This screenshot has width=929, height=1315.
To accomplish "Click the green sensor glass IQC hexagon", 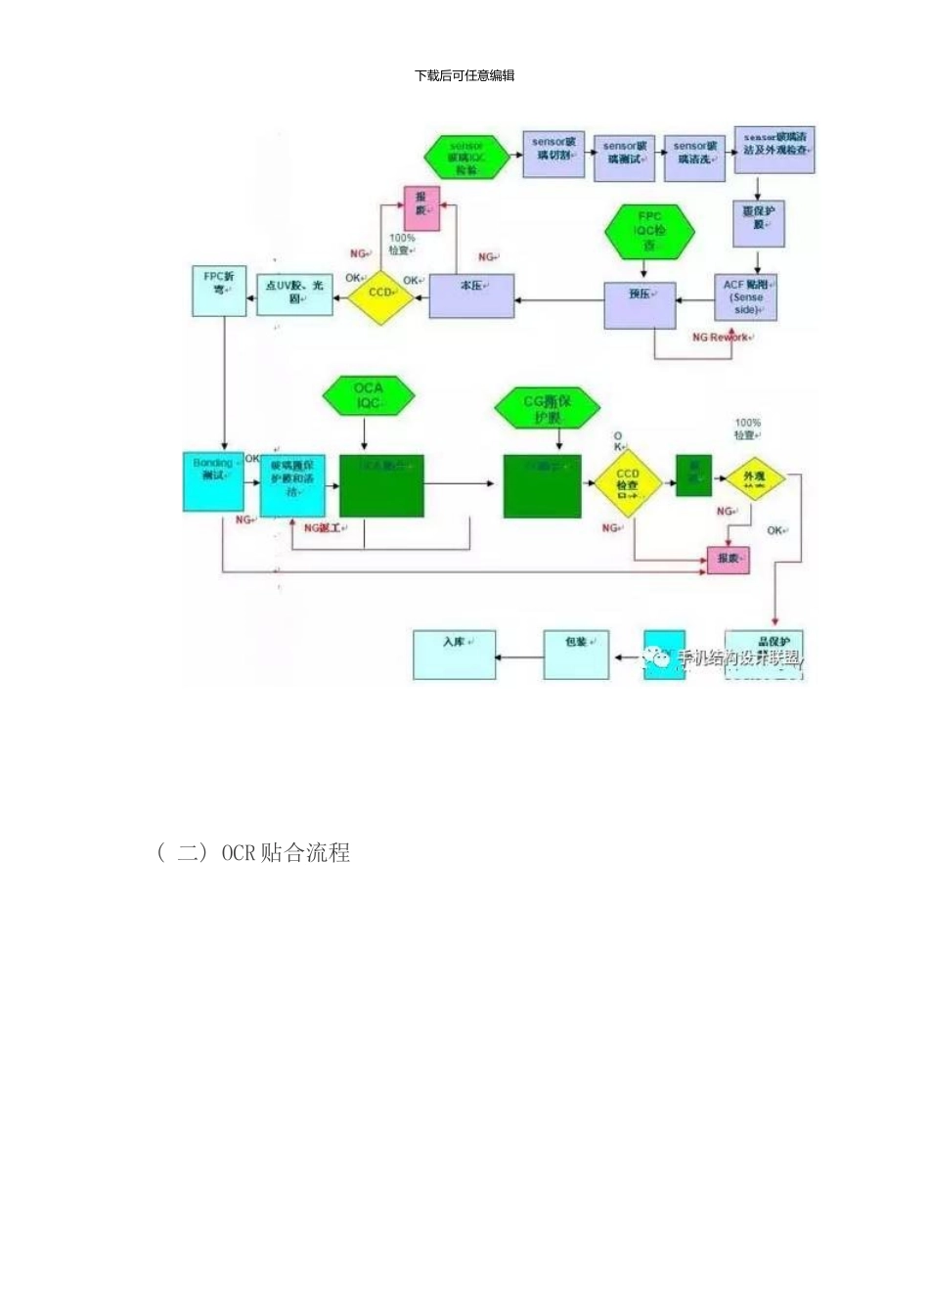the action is pos(466,157).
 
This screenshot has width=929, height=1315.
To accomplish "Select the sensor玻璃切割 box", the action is pos(553,154).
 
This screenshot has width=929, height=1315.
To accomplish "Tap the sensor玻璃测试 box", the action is pos(625,157).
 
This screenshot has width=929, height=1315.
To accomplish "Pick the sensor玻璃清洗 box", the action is pos(695,157).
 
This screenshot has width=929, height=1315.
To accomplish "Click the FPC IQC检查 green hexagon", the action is pos(649,232).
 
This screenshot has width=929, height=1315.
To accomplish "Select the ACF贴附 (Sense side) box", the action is pos(745,296).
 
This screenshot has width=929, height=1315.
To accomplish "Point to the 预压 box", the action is pos(640,306).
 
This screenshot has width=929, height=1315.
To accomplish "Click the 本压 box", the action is pos(471,295).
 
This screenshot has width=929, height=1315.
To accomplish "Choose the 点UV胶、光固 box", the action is pos(294,292).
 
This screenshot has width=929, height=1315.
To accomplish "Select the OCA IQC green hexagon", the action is pos(368,395).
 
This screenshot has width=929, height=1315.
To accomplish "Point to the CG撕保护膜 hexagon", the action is pos(547,407).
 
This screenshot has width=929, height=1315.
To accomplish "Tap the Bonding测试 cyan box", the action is pos(213,480).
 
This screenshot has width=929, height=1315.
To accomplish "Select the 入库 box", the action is pos(454,654).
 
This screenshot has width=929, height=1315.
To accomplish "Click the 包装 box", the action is pos(576,654).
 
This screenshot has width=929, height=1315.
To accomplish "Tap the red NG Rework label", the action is pos(720,338).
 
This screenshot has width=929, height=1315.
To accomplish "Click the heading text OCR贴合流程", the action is pos(285,853).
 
